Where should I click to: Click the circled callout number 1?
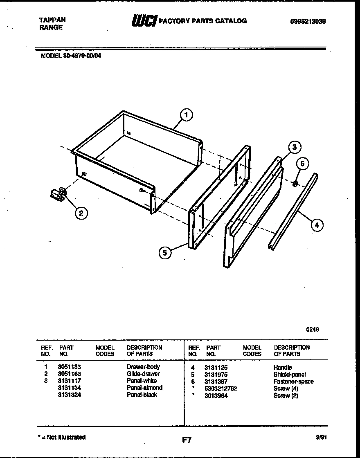pyautogui.click(x=187, y=115)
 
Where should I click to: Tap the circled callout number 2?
pyautogui.click(x=81, y=213)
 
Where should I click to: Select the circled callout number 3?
pyautogui.click(x=294, y=147)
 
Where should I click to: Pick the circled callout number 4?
pyautogui.click(x=316, y=225)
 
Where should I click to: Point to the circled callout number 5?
pyautogui.click(x=165, y=253)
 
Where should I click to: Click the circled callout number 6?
pyautogui.click(x=302, y=164)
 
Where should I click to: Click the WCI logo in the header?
pyautogui.click(x=144, y=21)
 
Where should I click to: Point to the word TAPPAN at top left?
pyautogui.click(x=52, y=20)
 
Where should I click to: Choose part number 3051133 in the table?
pyautogui.click(x=70, y=367)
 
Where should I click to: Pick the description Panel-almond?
pyautogui.click(x=144, y=388)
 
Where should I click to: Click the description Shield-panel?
pyautogui.click(x=290, y=375)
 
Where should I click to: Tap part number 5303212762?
pyautogui.click(x=221, y=388)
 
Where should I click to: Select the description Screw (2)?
pyautogui.click(x=286, y=395)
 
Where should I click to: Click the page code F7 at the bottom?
pyautogui.click(x=187, y=440)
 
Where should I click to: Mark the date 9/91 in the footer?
pyautogui.click(x=322, y=437)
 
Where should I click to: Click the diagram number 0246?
pyautogui.click(x=313, y=329)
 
